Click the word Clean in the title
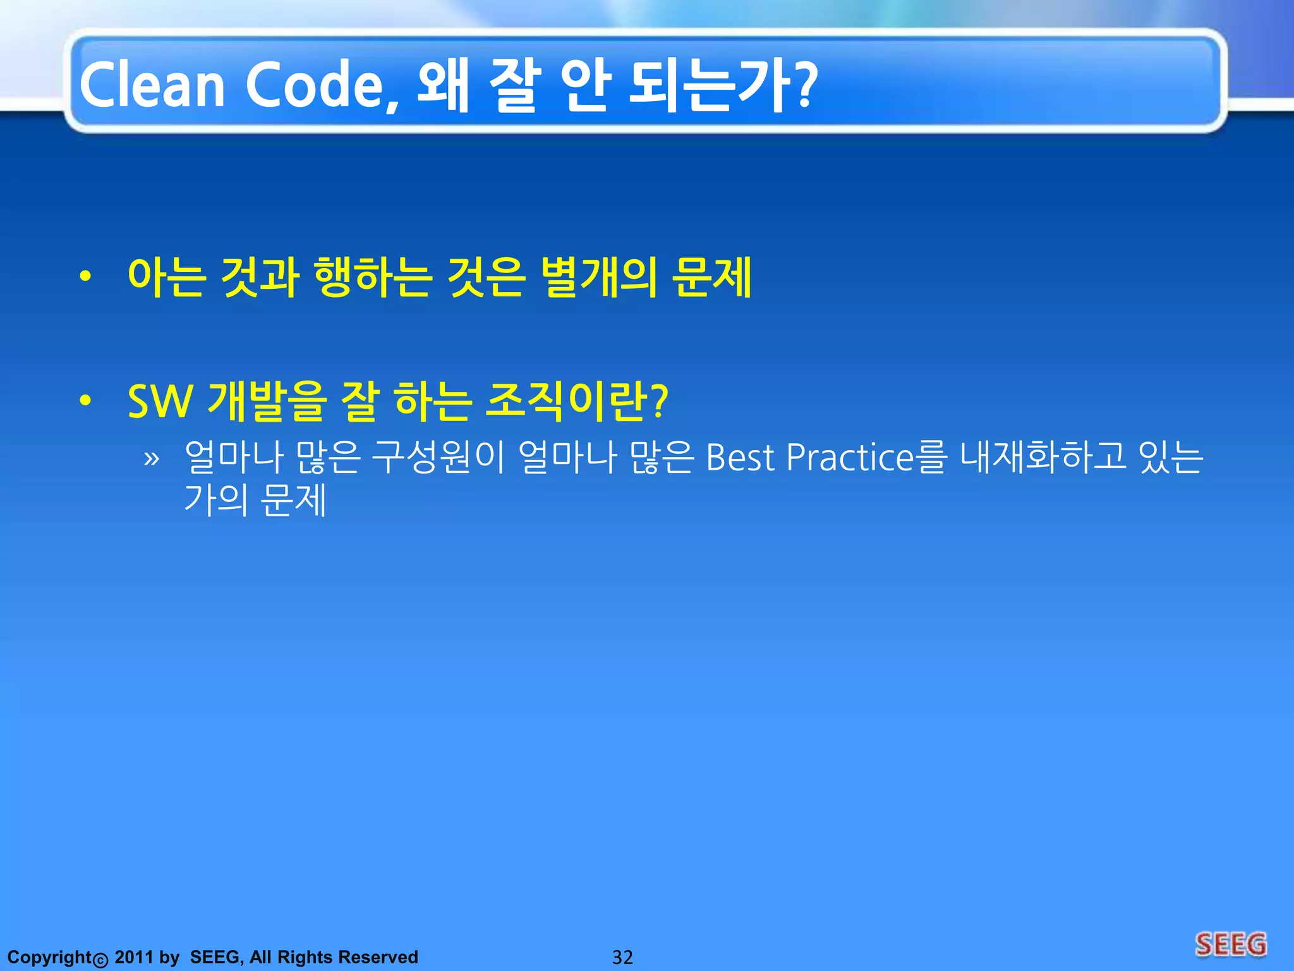(152, 85)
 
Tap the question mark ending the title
(804, 85)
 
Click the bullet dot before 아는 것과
(85, 276)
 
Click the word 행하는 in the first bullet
(372, 277)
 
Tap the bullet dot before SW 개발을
(85, 400)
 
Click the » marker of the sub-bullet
(151, 458)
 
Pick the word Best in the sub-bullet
(739, 457)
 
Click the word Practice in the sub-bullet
(850, 457)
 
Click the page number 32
(622, 957)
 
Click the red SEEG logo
(1231, 944)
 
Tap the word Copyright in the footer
(50, 957)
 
